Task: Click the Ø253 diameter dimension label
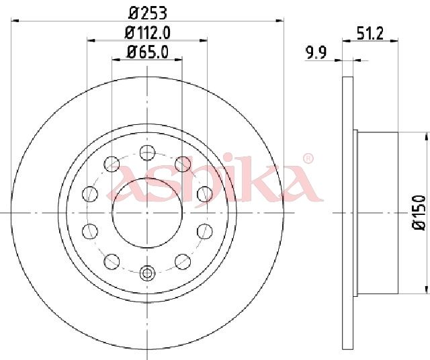[148, 13]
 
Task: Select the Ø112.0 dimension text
[148, 33]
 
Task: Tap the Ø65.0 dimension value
[148, 52]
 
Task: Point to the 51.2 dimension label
[370, 33]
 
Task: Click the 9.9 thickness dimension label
[316, 52]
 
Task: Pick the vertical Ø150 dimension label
[419, 212]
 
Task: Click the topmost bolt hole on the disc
[148, 152]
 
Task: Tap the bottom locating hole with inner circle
[148, 273]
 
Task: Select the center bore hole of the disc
[148, 213]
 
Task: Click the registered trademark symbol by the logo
[308, 159]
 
